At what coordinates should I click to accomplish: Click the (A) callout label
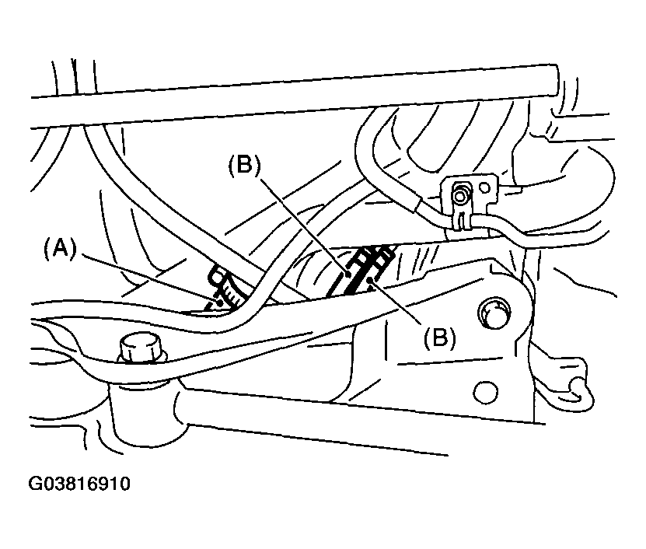click(60, 250)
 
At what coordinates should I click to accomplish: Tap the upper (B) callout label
click(245, 166)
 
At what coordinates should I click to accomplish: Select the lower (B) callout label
click(440, 338)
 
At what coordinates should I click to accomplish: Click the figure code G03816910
click(79, 484)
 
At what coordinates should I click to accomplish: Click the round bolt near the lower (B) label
click(494, 313)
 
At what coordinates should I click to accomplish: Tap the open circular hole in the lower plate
click(486, 391)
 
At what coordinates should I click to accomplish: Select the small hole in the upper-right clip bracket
click(485, 188)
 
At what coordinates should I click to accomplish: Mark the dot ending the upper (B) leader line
click(348, 273)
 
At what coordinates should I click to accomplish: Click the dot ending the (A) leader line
click(221, 302)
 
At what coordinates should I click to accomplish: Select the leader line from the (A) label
click(152, 279)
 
